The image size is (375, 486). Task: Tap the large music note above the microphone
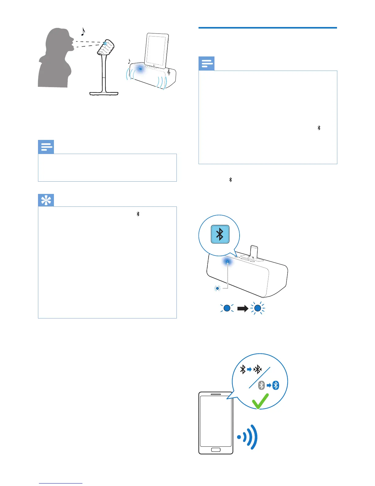pyautogui.click(x=83, y=31)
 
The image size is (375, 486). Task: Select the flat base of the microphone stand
pyautogui.click(x=104, y=93)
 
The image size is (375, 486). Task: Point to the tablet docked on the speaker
pyautogui.click(x=157, y=50)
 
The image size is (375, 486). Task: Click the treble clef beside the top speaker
pyautogui.click(x=169, y=72)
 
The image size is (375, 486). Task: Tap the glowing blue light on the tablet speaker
pyautogui.click(x=140, y=69)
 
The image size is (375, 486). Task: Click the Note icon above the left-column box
pyautogui.click(x=46, y=147)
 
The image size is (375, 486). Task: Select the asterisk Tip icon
pyautogui.click(x=46, y=200)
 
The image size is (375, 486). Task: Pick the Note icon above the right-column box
pyautogui.click(x=206, y=64)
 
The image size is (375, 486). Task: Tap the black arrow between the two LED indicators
pyautogui.click(x=243, y=308)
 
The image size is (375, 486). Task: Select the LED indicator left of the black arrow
pyautogui.click(x=227, y=308)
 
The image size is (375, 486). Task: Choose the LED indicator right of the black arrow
pyautogui.click(x=258, y=308)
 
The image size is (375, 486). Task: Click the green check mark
pyautogui.click(x=260, y=401)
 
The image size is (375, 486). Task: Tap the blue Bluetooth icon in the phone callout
pyautogui.click(x=276, y=385)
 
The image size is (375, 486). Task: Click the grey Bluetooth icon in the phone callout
pyautogui.click(x=261, y=385)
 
